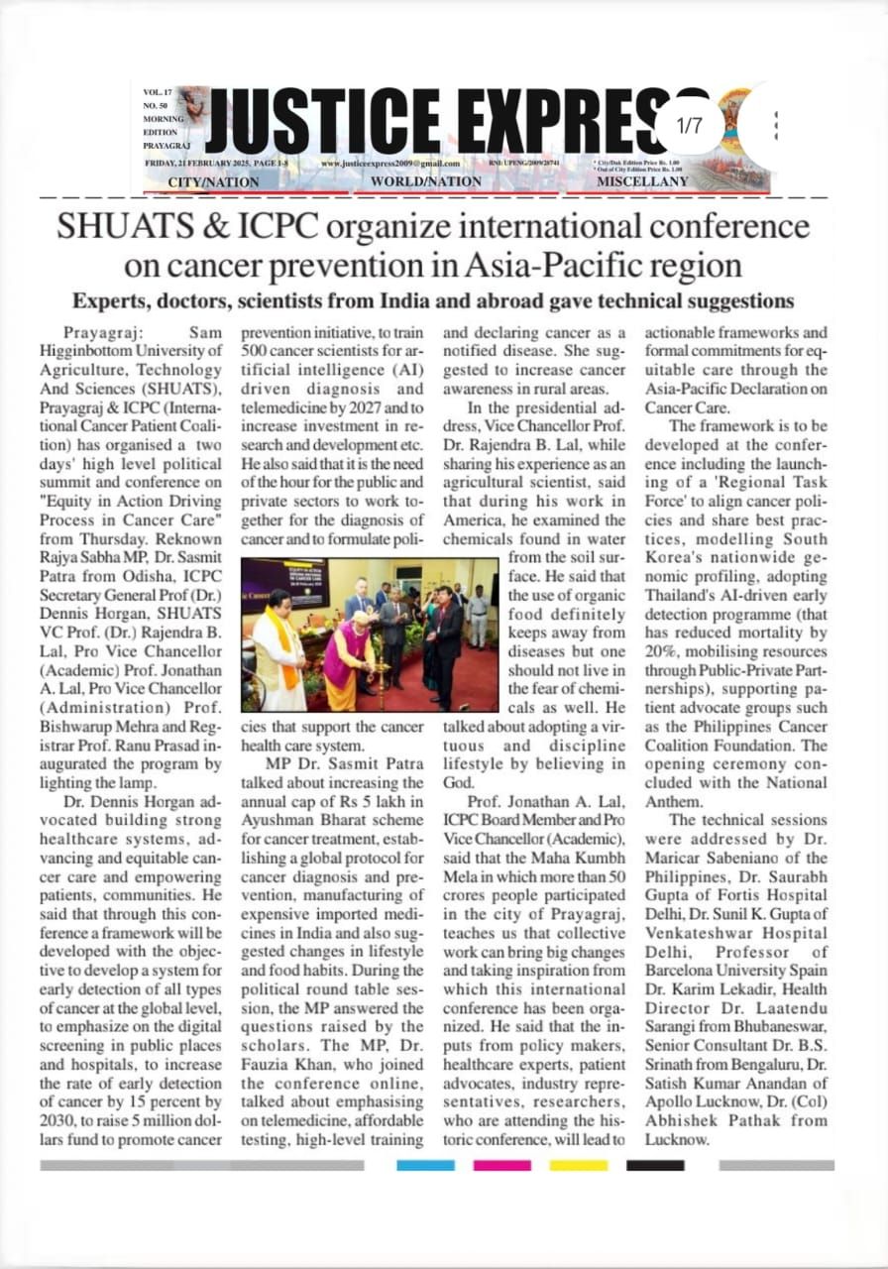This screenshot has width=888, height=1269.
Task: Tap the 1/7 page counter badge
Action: [688, 126]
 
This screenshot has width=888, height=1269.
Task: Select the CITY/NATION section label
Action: [213, 182]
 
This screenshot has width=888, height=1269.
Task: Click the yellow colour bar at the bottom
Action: [578, 1165]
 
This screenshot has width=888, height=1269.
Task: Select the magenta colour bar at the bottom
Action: [501, 1165]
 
